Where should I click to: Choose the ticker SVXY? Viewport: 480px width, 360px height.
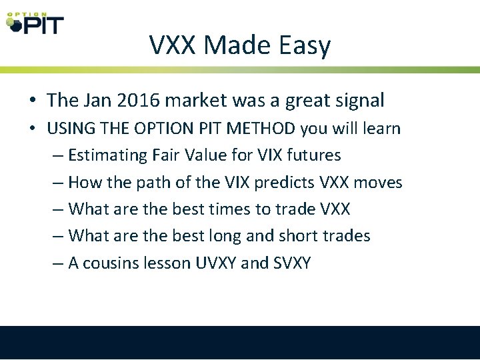click(x=292, y=263)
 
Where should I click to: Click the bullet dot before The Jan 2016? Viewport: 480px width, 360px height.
click(x=32, y=101)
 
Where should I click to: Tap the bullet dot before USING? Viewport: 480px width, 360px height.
click(x=32, y=129)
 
